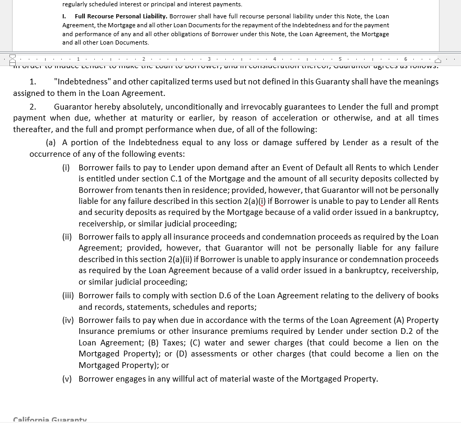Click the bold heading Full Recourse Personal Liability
coord(120,17)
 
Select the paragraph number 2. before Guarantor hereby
coord(32,107)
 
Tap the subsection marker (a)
coord(51,143)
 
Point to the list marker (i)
coord(66,168)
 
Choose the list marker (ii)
coord(67,237)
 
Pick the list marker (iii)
coord(68,296)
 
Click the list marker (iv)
coord(68,320)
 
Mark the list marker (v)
coord(67,379)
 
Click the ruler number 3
coord(209,59)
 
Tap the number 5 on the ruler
coord(340,59)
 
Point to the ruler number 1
coord(78,59)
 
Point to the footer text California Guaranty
coord(50,420)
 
